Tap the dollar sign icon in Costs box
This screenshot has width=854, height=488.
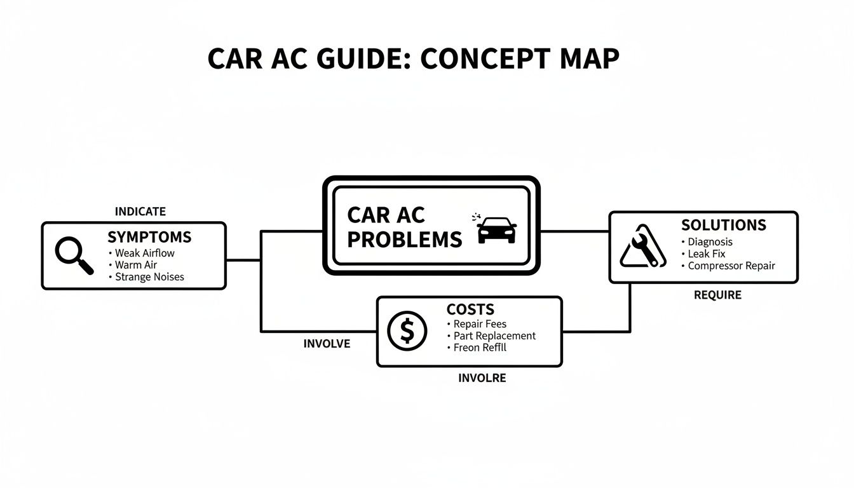click(407, 331)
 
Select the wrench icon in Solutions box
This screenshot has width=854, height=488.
click(642, 246)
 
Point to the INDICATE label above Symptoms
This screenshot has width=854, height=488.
click(140, 211)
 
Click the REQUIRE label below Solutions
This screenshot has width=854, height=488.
click(717, 295)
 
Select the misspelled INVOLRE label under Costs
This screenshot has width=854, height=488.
click(482, 378)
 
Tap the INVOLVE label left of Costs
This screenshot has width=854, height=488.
click(327, 344)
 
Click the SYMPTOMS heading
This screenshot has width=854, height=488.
click(149, 238)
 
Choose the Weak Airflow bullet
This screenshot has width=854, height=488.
click(144, 253)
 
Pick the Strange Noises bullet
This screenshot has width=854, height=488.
click(149, 277)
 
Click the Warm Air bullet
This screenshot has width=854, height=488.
click(135, 265)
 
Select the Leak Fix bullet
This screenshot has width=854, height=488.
click(706, 254)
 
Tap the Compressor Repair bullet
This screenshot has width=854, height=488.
click(731, 266)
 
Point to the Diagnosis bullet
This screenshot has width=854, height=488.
click(710, 241)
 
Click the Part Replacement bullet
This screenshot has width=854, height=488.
click(494, 335)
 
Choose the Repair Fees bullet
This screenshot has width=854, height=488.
click(479, 323)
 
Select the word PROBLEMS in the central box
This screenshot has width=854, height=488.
click(404, 240)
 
